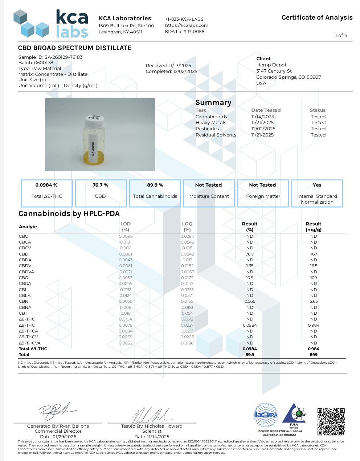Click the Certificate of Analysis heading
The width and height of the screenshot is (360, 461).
point(317,17)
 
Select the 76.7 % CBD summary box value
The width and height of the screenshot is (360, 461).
point(100,185)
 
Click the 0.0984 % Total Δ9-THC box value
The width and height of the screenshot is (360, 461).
point(46,185)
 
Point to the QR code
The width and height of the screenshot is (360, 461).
point(331,421)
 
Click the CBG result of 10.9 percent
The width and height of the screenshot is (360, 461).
point(250,278)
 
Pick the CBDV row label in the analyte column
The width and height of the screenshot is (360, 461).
point(25,266)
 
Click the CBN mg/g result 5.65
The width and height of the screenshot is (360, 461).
point(314,301)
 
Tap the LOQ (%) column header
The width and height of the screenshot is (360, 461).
point(187,227)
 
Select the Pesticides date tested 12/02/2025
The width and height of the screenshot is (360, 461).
point(263,129)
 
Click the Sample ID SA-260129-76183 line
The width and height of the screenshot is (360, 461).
point(50,57)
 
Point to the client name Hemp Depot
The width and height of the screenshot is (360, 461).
point(271,65)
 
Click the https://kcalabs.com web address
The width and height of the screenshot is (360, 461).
point(187,25)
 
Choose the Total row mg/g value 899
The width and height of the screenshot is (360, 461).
point(314,355)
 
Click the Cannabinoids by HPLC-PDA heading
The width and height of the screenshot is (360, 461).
point(69,214)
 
